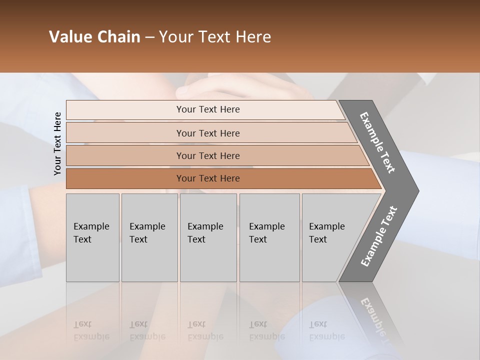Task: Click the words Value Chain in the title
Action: [x=94, y=37]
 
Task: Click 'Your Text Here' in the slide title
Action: [x=215, y=37]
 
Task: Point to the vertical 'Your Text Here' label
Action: [x=57, y=143]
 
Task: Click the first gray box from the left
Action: [x=92, y=237]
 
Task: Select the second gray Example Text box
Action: [x=149, y=237]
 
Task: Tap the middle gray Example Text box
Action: [x=208, y=237]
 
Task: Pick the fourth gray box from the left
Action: [x=269, y=237]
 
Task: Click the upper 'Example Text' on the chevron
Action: [x=377, y=142]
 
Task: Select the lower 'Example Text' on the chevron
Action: [x=378, y=236]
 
